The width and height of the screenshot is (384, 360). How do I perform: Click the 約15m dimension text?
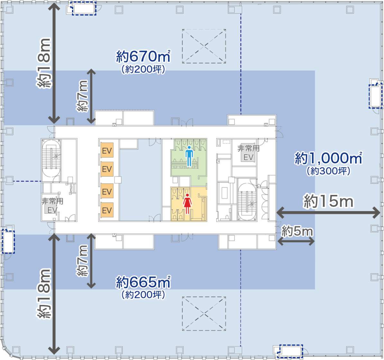[x=328, y=202]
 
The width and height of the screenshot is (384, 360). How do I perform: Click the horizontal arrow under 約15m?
[x=328, y=212]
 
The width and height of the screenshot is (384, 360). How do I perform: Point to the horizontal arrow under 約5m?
[x=296, y=241]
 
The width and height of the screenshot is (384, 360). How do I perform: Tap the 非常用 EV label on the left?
[x=52, y=206]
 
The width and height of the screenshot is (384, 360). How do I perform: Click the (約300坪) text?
[x=328, y=171]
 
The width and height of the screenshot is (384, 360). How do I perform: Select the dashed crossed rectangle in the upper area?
[x=204, y=46]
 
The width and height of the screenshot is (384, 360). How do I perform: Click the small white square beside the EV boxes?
[x=118, y=180]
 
